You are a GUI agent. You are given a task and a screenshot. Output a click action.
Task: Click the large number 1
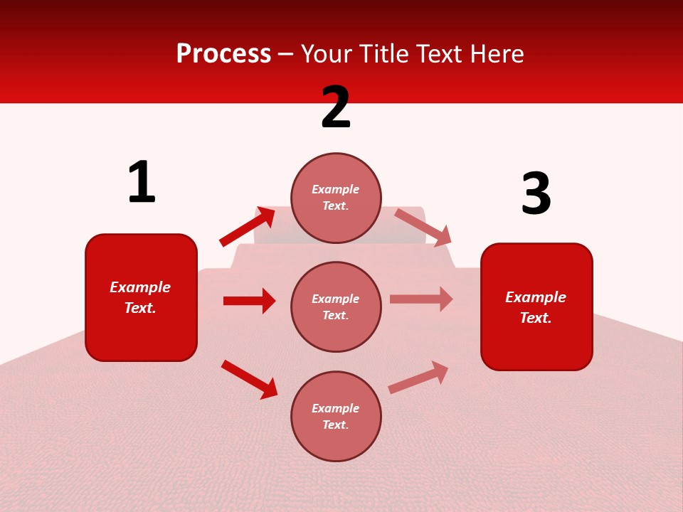click(142, 183)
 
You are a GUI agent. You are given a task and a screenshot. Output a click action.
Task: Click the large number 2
click(336, 107)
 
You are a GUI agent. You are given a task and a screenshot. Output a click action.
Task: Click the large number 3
click(536, 193)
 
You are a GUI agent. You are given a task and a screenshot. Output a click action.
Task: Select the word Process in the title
click(223, 53)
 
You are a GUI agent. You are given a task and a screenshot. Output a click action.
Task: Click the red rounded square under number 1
click(141, 297)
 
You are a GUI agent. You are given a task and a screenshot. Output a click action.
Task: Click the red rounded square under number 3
click(536, 306)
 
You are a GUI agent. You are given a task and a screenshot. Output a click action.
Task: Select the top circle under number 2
click(336, 198)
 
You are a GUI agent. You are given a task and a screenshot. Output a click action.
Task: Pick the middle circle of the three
click(336, 306)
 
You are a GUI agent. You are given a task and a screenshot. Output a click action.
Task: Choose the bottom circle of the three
click(336, 416)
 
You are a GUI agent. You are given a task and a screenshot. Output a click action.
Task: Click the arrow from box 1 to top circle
click(247, 227)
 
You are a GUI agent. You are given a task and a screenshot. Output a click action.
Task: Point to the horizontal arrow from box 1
click(249, 301)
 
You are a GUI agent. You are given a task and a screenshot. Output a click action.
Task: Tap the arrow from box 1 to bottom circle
click(249, 379)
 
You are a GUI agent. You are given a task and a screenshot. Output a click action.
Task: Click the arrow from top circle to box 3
click(423, 227)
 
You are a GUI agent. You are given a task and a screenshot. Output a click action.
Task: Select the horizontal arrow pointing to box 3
click(421, 299)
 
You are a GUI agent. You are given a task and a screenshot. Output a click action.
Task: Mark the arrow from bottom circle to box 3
click(418, 377)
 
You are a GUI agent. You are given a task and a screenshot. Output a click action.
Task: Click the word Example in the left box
click(140, 287)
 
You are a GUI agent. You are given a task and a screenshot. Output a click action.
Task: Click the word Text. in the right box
click(536, 318)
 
